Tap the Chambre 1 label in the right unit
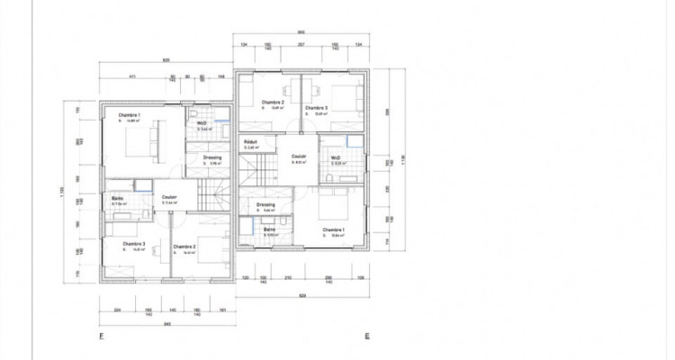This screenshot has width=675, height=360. [x=333, y=229]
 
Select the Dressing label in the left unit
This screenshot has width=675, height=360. [x=212, y=157]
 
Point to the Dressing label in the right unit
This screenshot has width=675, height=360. [x=266, y=204]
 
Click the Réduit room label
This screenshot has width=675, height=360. [x=251, y=142]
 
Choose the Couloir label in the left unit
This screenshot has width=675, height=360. [x=169, y=197]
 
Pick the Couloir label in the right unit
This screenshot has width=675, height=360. [x=299, y=157]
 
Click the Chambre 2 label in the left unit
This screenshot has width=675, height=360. [x=184, y=246]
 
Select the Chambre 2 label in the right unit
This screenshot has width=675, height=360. [x=273, y=103]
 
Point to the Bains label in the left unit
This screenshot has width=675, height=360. [x=118, y=198]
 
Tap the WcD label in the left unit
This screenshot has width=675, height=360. [x=202, y=122]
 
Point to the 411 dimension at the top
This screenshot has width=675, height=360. [x=131, y=76]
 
